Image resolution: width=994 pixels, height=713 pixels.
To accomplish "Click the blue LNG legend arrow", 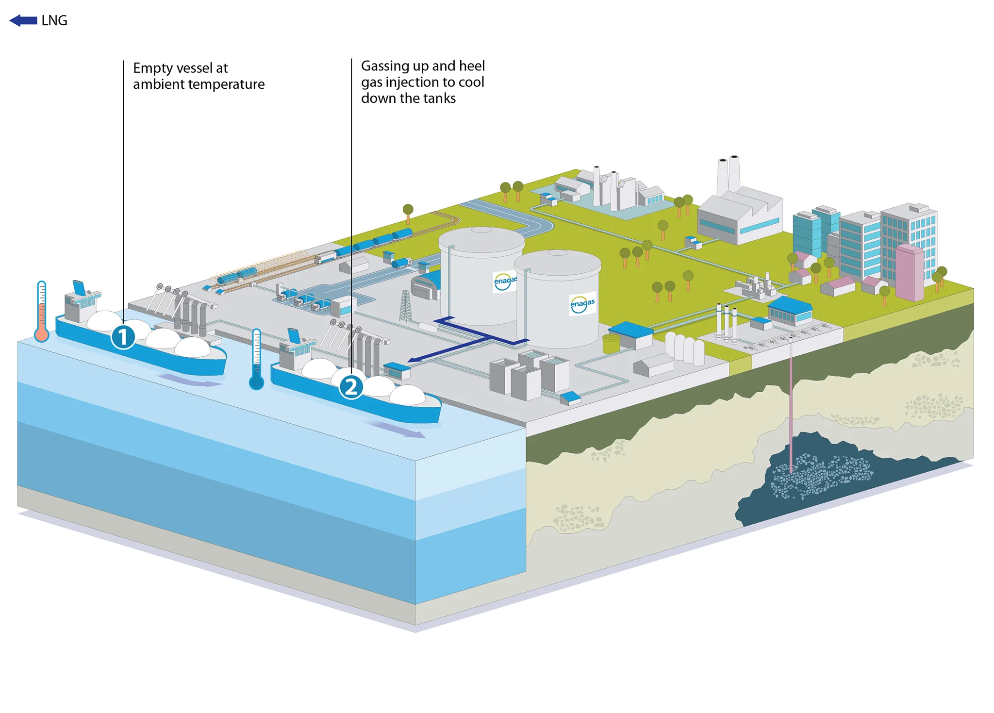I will coord(23,20).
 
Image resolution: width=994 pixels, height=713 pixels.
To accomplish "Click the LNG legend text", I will coord(54,20).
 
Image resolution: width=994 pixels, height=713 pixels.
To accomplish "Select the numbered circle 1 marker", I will coord(123,337).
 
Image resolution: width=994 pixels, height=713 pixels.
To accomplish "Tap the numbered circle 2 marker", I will coord(351,387).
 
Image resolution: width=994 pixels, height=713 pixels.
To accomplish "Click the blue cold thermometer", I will coord(256,359).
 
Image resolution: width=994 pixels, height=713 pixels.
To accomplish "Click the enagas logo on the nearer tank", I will coord(582,304).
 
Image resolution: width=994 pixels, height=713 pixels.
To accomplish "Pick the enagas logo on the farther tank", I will coord(504,281).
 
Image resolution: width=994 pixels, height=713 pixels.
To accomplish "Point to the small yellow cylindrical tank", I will coord(611,343).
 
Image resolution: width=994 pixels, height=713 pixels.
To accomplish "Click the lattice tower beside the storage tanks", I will coord(405,306).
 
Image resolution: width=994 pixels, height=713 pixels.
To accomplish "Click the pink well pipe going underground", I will coord(791,403).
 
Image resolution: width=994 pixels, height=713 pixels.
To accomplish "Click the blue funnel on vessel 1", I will coord(79,287).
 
